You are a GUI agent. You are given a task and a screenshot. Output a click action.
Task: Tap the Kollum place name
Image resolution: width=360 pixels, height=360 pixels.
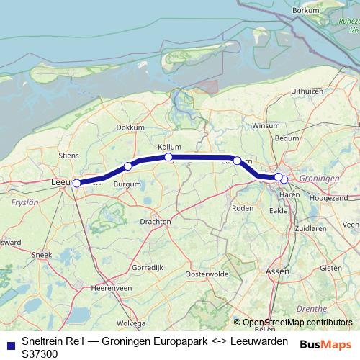(170, 146)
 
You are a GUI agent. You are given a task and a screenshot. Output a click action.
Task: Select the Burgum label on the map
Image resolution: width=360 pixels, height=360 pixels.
(127, 184)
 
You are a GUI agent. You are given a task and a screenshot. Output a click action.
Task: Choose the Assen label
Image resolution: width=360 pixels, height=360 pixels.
(276, 271)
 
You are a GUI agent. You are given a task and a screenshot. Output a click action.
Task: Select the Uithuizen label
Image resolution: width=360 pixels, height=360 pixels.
(306, 91)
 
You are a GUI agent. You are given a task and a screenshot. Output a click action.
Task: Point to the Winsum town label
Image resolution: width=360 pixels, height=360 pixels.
(265, 125)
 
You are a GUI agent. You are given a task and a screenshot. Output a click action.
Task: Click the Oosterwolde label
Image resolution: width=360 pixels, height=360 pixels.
(207, 274)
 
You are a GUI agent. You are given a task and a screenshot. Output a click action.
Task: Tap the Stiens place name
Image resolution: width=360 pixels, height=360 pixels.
(69, 154)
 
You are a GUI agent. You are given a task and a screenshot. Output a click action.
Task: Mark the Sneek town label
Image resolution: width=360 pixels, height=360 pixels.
(42, 255)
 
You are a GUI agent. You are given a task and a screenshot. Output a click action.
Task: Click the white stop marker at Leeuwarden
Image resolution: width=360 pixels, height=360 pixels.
(77, 183)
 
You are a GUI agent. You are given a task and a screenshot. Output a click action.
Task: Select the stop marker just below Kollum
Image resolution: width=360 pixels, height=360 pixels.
(168, 157)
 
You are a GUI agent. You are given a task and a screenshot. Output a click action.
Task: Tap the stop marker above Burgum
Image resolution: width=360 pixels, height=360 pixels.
(128, 166)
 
